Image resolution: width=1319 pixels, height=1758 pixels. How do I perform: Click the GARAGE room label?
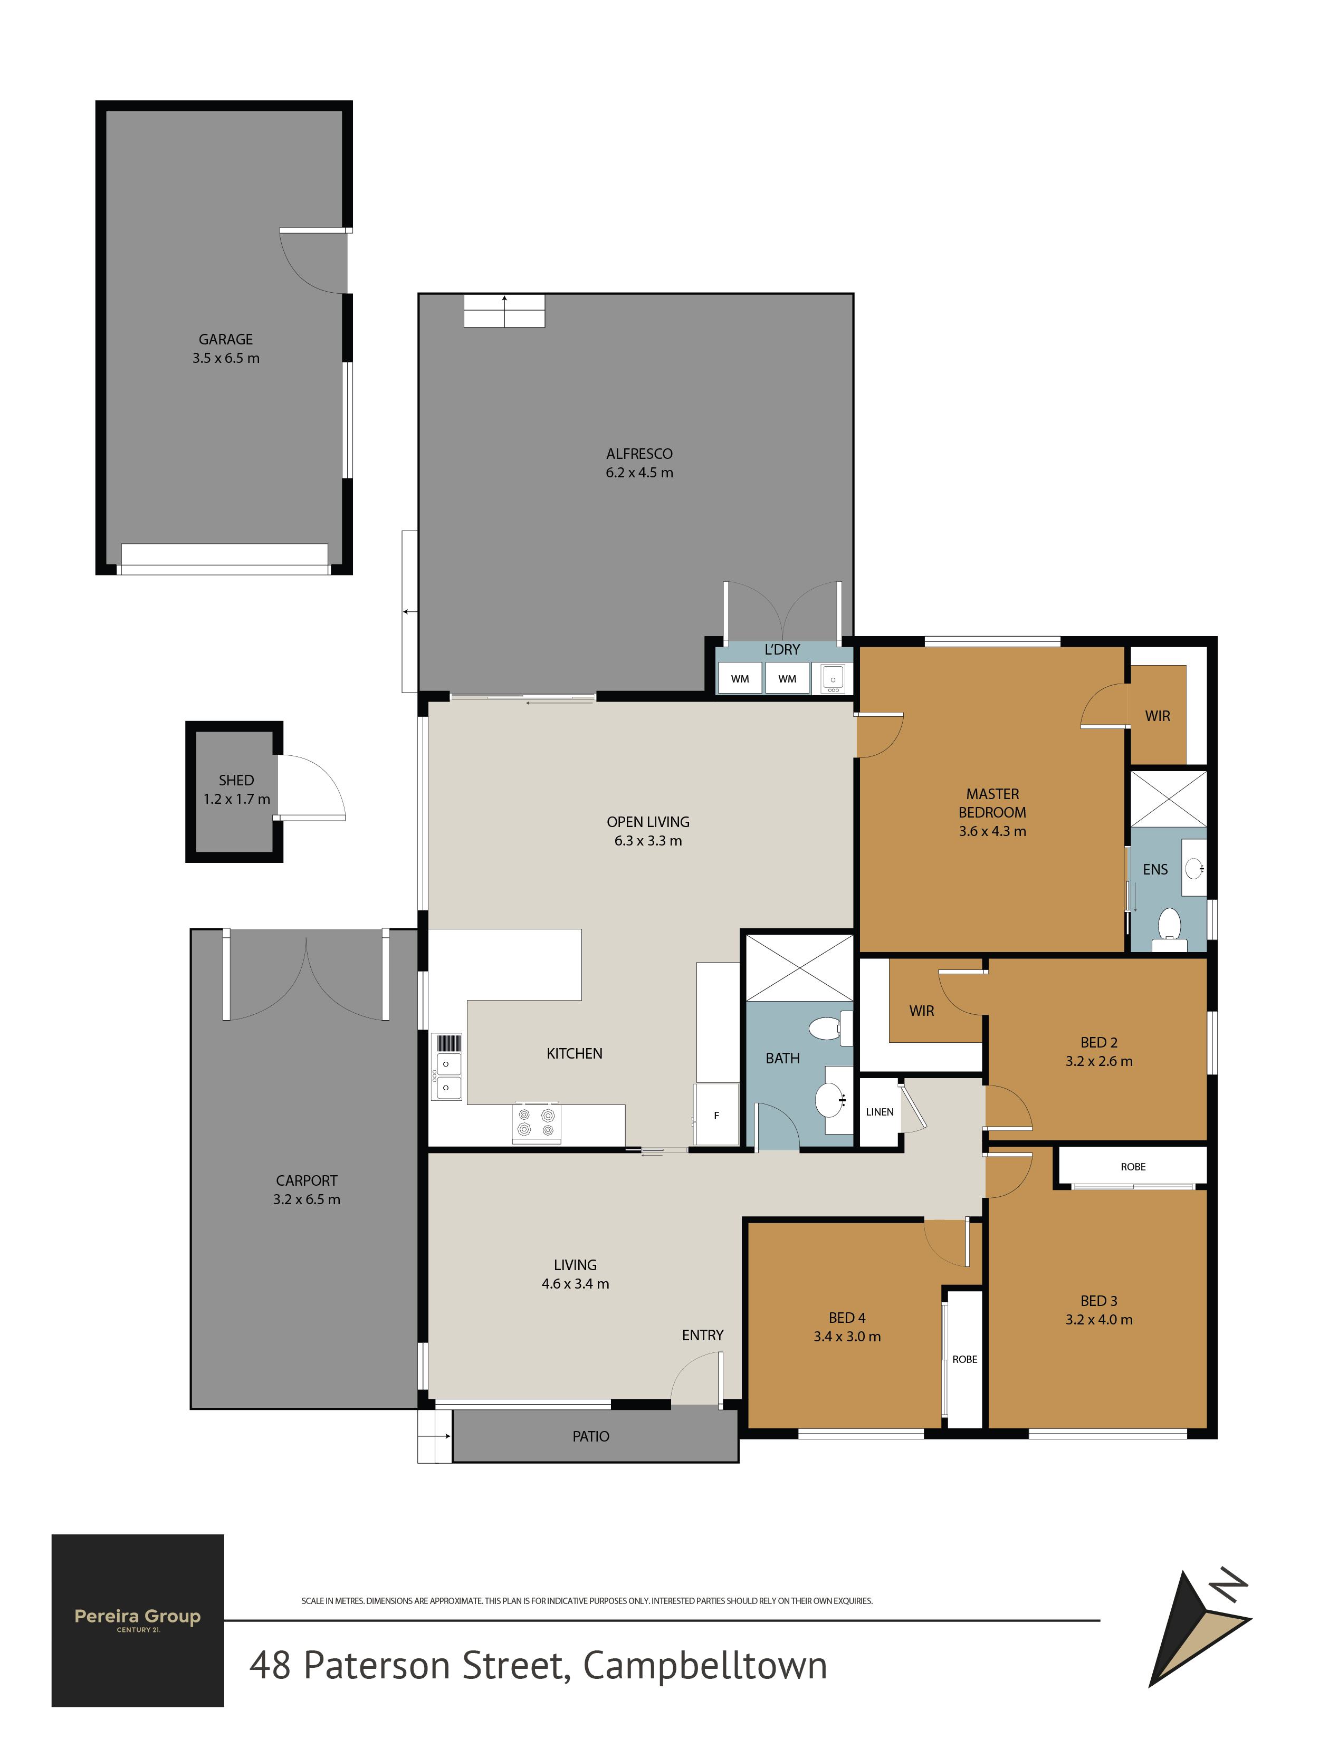(226, 339)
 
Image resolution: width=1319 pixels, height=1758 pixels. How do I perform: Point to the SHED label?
(236, 781)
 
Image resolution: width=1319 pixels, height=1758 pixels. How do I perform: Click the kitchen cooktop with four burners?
(536, 1122)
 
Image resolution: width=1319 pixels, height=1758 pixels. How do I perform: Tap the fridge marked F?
(716, 1115)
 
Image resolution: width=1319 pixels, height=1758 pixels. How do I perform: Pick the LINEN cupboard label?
(880, 1112)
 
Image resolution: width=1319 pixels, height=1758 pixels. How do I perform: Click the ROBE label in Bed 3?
(1133, 1167)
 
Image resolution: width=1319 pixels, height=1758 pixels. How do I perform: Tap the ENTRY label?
(703, 1335)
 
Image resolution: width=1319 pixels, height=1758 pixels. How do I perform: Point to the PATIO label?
(591, 1436)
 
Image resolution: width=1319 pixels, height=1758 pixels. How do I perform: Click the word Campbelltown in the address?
(705, 1666)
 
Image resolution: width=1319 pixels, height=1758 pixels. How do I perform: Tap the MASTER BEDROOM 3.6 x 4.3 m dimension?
(992, 831)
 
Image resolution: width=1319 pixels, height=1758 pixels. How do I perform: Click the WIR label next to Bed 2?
(922, 1011)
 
